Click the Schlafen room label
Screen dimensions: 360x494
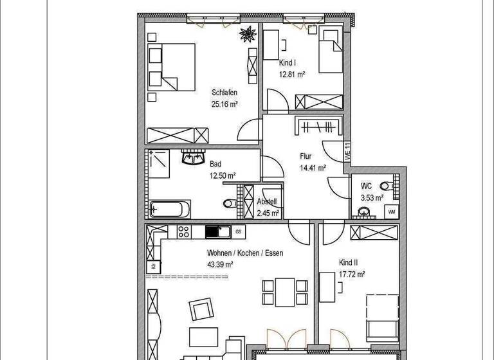click(224, 93)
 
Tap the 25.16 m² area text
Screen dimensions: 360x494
click(225, 104)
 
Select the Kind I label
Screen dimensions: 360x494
click(288, 64)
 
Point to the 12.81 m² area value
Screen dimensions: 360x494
click(291, 75)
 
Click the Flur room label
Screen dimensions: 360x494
click(306, 156)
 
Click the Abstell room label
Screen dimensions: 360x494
click(268, 201)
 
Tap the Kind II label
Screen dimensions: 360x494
click(348, 263)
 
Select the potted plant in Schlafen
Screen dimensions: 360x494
click(247, 33)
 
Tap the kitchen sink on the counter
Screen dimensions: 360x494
click(215, 231)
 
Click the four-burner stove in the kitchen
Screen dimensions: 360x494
click(182, 231)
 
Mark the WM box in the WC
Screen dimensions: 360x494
click(391, 211)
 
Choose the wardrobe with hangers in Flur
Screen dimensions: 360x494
click(317, 126)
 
